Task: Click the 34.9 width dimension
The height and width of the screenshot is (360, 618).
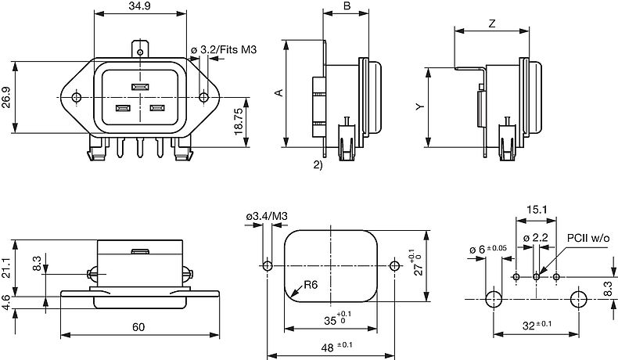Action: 141,7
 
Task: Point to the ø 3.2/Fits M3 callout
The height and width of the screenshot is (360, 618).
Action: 224,50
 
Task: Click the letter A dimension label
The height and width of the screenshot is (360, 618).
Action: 278,93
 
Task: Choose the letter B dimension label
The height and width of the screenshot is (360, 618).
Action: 346,6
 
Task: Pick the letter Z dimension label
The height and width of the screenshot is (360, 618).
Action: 490,23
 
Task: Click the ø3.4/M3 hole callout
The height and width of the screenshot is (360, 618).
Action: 267,216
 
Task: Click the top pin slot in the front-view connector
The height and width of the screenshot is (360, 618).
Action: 141,86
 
